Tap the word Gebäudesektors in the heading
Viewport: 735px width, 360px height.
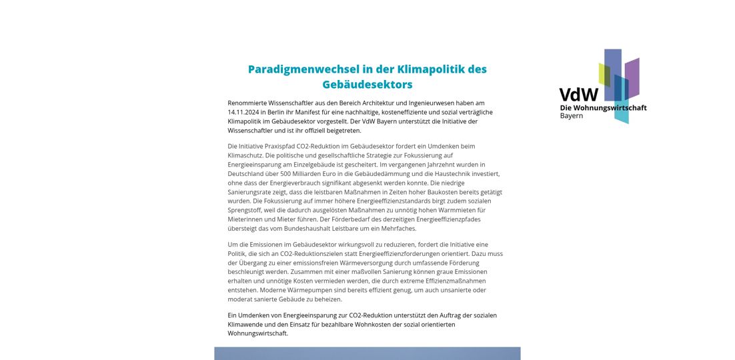367,85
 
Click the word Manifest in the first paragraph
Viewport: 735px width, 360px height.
317,112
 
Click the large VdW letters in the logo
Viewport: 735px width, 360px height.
578,95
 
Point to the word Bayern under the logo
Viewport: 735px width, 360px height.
571,116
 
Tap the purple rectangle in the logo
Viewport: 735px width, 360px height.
632,77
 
